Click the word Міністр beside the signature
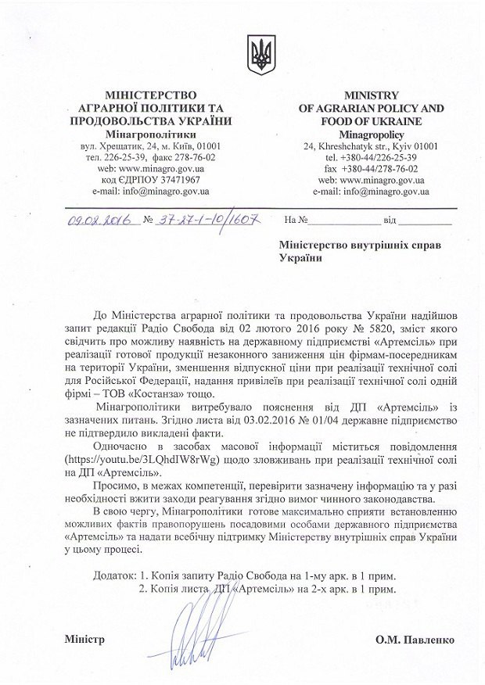coord(85,640)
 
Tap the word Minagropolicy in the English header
coord(371,134)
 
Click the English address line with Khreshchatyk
coord(371,145)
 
